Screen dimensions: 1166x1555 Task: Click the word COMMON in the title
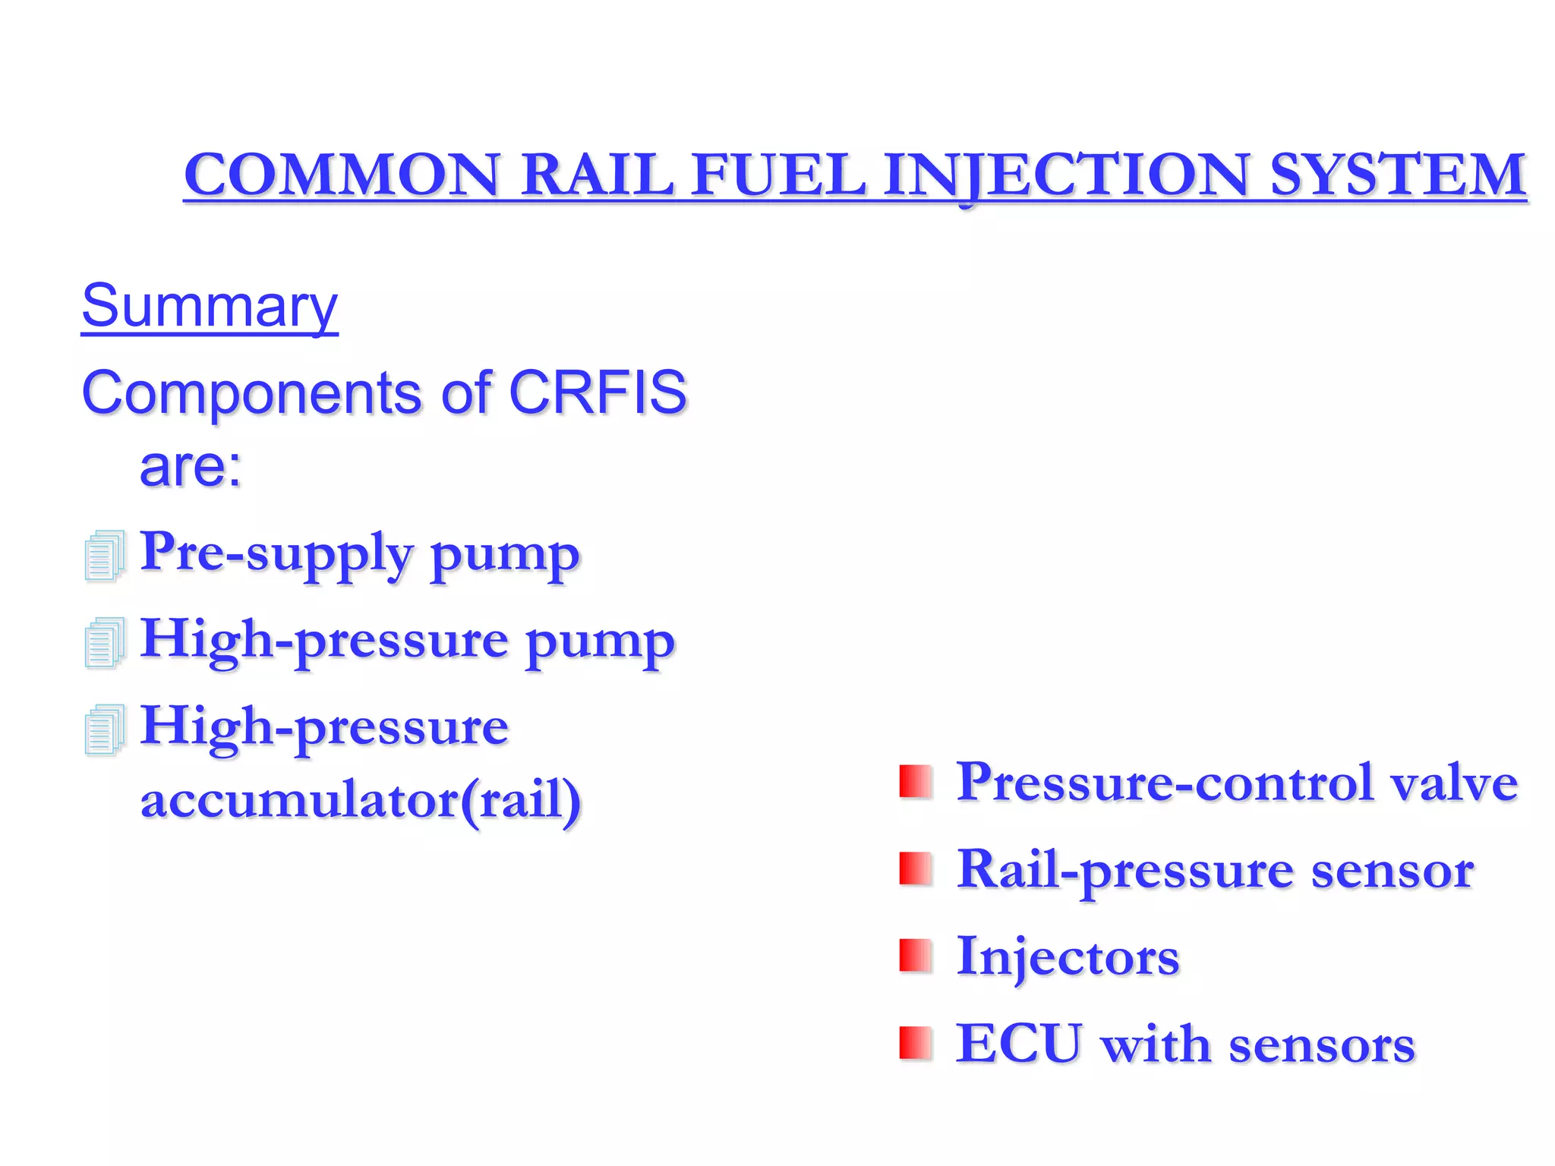342,175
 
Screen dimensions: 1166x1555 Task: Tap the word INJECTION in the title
1067,175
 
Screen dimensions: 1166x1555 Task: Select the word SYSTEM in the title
1398,175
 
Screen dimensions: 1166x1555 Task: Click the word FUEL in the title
778,175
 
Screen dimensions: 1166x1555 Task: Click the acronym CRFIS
598,392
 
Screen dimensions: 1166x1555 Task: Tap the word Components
251,394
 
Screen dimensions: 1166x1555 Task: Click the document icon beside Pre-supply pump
105,556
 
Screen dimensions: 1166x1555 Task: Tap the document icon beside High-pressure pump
105,643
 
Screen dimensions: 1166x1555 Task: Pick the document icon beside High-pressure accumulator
105,730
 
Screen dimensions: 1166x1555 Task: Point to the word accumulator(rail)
361,799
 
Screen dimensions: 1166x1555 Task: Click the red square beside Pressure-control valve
915,782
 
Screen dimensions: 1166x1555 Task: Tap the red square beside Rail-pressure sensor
915,869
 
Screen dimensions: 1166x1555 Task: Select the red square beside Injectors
915,956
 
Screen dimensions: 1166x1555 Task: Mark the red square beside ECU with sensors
915,1043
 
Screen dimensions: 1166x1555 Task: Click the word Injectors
1068,957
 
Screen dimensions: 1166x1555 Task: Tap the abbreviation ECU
1018,1044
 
